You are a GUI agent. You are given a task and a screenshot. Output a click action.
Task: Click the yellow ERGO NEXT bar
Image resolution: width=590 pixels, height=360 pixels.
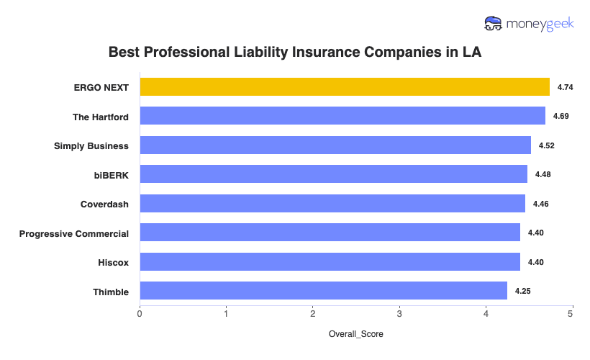click(x=344, y=87)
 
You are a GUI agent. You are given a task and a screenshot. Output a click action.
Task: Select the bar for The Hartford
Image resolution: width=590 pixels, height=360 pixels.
click(x=342, y=116)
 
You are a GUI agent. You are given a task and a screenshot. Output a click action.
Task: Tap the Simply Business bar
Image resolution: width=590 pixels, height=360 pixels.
click(x=335, y=145)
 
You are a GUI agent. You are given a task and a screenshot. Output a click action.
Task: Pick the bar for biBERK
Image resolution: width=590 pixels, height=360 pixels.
click(x=333, y=174)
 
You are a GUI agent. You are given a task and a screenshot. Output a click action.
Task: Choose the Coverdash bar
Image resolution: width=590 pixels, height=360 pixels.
click(x=332, y=204)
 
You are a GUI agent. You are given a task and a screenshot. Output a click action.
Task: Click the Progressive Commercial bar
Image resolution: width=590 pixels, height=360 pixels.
click(x=330, y=233)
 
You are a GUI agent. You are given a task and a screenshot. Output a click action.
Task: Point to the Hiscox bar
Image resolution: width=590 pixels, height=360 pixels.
click(x=330, y=262)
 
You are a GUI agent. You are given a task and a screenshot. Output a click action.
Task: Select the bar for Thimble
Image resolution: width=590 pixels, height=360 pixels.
click(x=323, y=291)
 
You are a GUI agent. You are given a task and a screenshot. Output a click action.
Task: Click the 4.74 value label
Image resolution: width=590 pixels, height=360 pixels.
click(x=566, y=87)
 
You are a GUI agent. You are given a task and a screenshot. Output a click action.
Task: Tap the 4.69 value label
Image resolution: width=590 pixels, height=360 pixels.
click(x=561, y=116)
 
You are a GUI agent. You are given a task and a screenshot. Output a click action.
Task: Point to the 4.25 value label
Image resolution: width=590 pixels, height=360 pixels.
click(x=523, y=291)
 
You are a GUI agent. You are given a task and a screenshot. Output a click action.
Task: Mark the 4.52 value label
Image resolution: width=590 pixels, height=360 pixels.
click(x=547, y=145)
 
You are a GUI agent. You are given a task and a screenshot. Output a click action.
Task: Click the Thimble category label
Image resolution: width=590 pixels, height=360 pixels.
click(x=111, y=292)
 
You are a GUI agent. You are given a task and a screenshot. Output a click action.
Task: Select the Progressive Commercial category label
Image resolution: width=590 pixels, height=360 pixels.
click(x=74, y=233)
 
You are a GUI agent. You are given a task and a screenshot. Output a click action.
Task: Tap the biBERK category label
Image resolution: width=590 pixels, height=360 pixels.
click(x=110, y=175)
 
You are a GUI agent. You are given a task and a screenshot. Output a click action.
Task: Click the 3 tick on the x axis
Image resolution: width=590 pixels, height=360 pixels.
click(x=399, y=314)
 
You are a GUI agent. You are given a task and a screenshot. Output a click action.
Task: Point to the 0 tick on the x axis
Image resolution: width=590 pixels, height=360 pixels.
click(x=140, y=314)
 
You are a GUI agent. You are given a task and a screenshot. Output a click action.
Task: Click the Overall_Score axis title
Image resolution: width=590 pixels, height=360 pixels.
click(x=355, y=335)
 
